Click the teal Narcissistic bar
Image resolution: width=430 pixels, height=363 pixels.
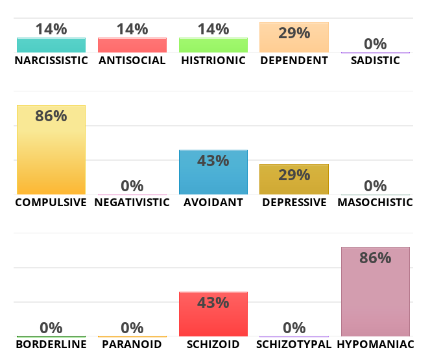click(51, 45)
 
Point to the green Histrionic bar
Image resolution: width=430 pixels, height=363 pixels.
click(213, 45)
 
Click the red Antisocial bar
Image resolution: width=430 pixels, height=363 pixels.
click(132, 45)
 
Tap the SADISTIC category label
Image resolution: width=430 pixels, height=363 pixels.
click(375, 60)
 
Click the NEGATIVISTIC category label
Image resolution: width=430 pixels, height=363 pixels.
click(132, 202)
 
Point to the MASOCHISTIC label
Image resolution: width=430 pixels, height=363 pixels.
click(375, 202)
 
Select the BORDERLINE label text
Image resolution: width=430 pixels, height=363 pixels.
click(51, 344)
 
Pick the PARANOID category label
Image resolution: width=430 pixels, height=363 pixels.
click(132, 344)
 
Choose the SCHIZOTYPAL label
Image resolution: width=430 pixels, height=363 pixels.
click(294, 344)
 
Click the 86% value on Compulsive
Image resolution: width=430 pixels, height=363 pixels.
click(51, 116)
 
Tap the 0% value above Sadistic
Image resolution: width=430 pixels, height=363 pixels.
click(375, 44)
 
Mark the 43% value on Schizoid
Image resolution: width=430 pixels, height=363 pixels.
click(213, 303)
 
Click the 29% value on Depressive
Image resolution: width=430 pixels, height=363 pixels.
click(294, 174)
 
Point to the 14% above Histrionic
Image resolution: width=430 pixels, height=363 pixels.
click(213, 29)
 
